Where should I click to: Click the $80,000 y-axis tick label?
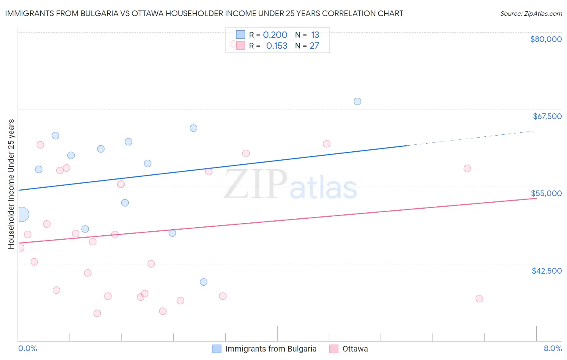546,39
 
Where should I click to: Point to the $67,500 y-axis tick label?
547,116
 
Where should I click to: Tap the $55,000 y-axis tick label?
546,193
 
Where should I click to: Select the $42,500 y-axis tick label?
546,271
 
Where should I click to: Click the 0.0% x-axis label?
27,348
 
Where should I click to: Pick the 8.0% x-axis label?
552,348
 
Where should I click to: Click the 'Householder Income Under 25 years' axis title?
11,184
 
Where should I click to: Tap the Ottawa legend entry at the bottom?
355,349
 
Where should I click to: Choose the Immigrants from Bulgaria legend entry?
271,349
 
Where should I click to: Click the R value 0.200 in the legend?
275,35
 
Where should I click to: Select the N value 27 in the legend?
314,46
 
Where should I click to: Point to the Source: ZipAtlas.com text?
531,14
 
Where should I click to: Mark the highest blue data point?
357,101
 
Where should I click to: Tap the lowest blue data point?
204,282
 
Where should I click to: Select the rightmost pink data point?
479,299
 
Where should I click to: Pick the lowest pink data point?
97,313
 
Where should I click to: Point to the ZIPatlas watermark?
290,185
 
